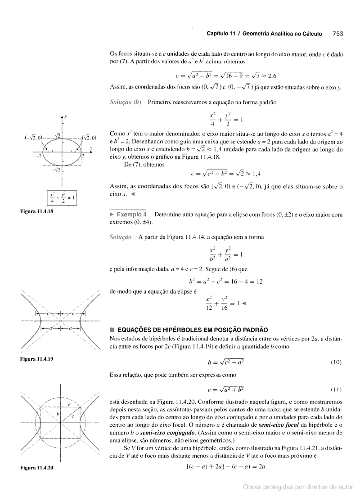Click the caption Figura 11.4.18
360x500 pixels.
pyautogui.click(x=36, y=211)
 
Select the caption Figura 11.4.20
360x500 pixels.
pyautogui.click(x=36, y=468)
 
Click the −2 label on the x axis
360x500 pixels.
pyautogui.click(x=39, y=156)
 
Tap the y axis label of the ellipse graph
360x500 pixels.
pyautogui.click(x=66, y=117)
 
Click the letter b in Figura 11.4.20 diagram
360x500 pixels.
pyautogui.click(x=57, y=414)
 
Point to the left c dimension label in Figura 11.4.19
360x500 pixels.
pyautogui.click(x=47, y=313)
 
